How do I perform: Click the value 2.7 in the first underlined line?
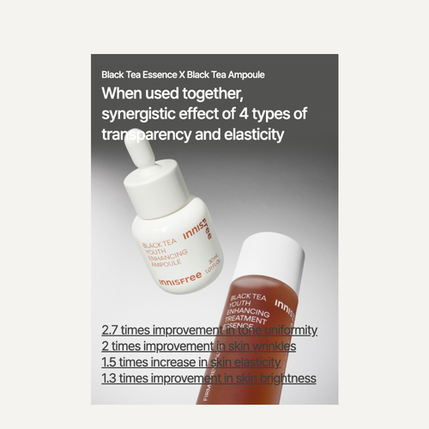[x=110, y=330]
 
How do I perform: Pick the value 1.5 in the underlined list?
[x=110, y=362]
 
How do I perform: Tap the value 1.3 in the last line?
[x=110, y=378]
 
